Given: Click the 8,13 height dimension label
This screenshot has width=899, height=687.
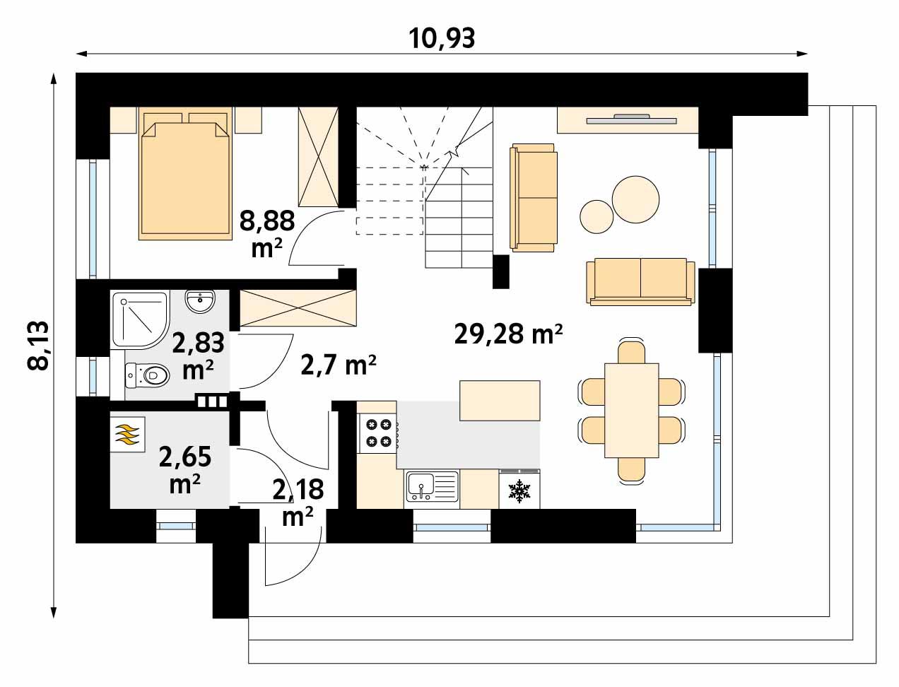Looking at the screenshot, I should pos(39,345).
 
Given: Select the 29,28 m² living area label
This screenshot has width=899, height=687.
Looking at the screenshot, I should pos(508,333).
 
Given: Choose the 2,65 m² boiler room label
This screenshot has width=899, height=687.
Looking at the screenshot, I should pos(185,468).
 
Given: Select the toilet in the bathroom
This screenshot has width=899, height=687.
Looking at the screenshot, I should pos(148,375).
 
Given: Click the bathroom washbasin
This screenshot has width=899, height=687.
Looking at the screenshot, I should pos(201,302).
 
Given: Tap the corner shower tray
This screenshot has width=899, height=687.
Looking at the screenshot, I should pos(139,319).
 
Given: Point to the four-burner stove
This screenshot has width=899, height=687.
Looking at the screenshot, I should pos(377,433).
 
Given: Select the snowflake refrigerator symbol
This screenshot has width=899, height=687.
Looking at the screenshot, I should pos(519,491).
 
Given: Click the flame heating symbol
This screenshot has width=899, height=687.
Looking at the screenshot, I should pos(128,433).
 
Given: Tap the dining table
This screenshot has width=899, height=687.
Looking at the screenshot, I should pos(632,411).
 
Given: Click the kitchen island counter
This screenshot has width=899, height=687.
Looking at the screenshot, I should pos(500,400).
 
